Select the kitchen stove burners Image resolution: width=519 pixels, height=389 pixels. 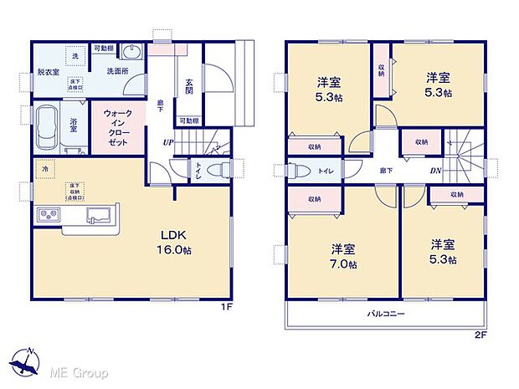click(x=46, y=217)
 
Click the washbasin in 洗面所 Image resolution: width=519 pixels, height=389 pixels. click(x=139, y=52)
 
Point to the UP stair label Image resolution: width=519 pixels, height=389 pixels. click(x=167, y=142)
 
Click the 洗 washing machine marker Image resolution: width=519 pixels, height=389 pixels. click(x=75, y=55)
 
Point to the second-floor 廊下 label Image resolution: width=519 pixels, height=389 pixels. click(x=385, y=171)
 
